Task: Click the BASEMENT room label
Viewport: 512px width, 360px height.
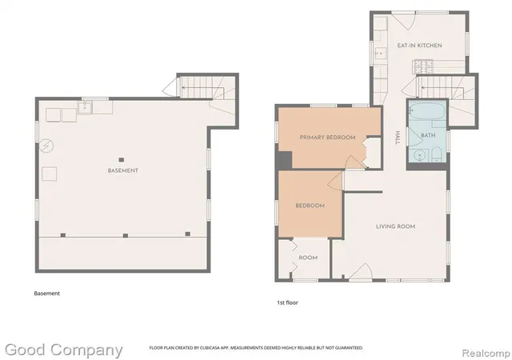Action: tap(122, 170)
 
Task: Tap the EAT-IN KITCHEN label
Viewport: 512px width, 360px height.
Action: tap(419, 46)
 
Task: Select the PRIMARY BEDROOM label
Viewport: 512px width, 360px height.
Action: tap(327, 138)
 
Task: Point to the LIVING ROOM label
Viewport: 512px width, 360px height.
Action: tap(395, 226)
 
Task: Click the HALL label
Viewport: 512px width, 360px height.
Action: tap(398, 138)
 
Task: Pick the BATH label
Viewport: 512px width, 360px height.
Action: tap(428, 135)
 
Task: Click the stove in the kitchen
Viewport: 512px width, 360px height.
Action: tap(423, 66)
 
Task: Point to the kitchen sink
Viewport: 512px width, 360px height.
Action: tap(380, 53)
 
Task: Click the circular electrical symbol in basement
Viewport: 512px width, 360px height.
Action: tap(46, 146)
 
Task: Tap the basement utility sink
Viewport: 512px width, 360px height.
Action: tap(85, 107)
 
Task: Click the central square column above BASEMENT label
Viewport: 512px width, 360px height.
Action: tap(122, 160)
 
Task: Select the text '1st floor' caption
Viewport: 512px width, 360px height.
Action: tap(287, 303)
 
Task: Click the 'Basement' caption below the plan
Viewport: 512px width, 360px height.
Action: tap(46, 294)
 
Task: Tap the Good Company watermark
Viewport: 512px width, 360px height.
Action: tap(64, 350)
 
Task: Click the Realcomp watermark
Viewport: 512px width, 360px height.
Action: tap(486, 354)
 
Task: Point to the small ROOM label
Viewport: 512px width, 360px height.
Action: tap(308, 258)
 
